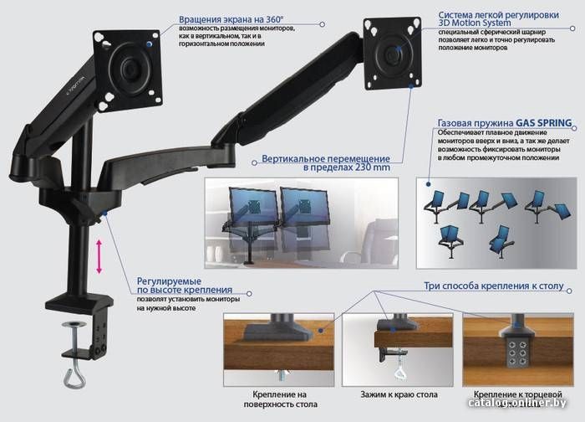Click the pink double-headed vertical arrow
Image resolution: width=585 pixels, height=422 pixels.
tap(99, 257)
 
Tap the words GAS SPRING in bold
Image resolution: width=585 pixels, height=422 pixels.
tap(543, 123)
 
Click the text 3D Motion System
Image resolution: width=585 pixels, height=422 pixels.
tap(475, 23)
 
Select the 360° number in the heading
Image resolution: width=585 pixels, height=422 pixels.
tap(275, 19)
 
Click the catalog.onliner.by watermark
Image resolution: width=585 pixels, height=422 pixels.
tap(517, 402)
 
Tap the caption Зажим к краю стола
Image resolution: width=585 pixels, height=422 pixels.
tap(399, 394)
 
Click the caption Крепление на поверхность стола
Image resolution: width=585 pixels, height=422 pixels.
tap(280, 399)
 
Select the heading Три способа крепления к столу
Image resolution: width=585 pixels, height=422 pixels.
tap(494, 286)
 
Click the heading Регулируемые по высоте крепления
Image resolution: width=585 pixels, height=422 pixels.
tap(185, 286)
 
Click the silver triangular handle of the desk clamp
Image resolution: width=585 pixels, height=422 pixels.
tap(74, 378)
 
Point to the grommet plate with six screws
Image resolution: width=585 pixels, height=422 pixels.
tap(517, 353)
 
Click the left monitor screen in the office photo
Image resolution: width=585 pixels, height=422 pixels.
tap(254, 206)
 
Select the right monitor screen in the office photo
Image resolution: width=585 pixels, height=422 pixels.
tap(305, 206)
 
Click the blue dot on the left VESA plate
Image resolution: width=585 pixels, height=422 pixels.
tap(150, 44)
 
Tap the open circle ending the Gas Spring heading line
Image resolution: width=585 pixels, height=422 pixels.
tap(574, 128)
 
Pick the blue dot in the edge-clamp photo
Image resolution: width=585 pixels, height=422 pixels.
tap(393, 330)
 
